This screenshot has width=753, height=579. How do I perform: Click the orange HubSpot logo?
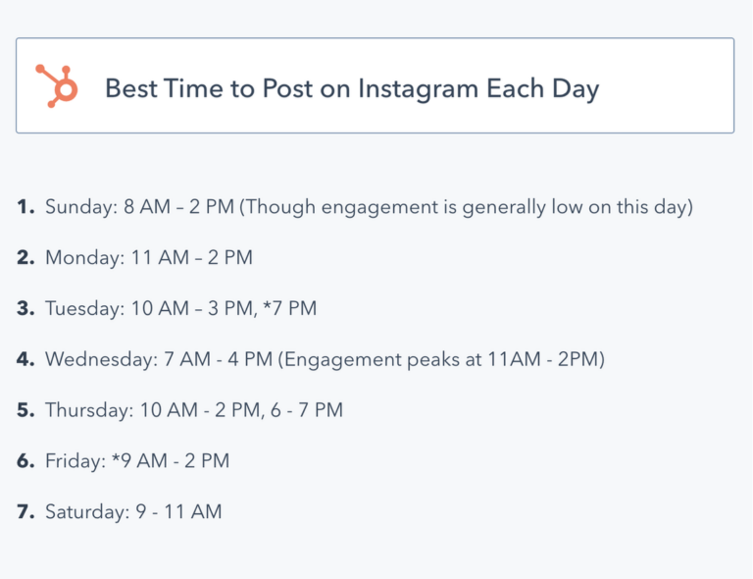[57, 86]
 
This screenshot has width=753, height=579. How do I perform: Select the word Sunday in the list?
[81, 208]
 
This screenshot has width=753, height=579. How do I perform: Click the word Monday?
[84, 258]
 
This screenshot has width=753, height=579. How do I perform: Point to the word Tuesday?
[84, 309]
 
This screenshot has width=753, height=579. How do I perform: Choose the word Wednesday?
[101, 359]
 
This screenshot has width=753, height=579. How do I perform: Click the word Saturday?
[87, 511]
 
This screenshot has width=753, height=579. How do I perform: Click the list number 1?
[25, 207]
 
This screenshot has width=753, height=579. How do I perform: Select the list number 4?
[25, 359]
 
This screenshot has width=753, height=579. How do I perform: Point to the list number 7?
[25, 511]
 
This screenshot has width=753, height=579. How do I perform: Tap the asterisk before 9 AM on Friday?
[116, 456]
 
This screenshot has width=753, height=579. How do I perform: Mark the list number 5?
[25, 410]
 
